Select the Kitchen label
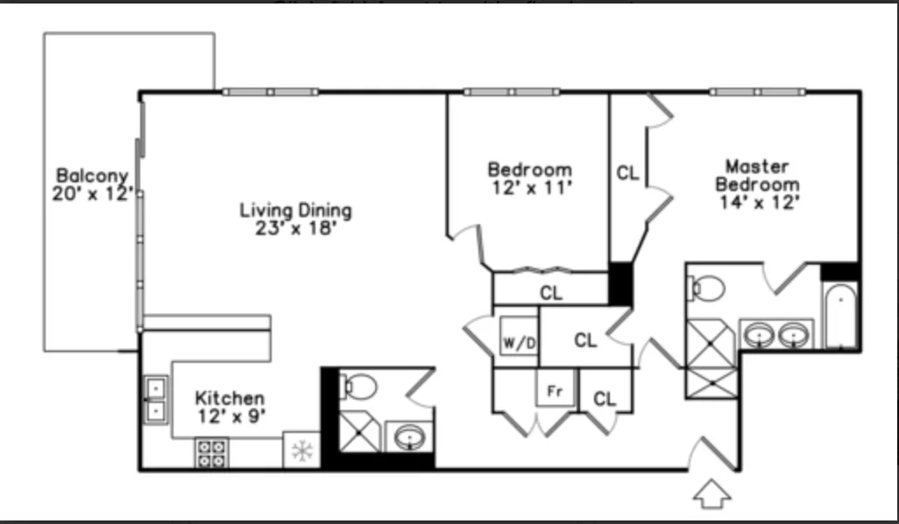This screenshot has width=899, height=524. [x=230, y=398]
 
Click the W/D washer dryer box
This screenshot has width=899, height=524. [x=518, y=341]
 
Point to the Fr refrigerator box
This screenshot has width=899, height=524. [x=555, y=391]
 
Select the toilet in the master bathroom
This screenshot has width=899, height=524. [x=706, y=288]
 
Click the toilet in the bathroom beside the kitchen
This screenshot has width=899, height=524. [x=357, y=385]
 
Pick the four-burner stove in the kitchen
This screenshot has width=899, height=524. [x=210, y=453]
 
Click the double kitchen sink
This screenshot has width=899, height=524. [x=156, y=398]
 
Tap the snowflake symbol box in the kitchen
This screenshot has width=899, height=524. [x=301, y=452]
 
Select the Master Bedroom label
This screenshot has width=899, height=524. [x=757, y=175]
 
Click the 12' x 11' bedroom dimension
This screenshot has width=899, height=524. [x=529, y=188]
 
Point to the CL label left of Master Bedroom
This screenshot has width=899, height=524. [x=627, y=173]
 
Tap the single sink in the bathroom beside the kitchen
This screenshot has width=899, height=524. [x=408, y=436]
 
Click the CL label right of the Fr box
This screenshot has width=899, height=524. [x=605, y=399]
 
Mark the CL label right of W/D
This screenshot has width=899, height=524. [x=585, y=340]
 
